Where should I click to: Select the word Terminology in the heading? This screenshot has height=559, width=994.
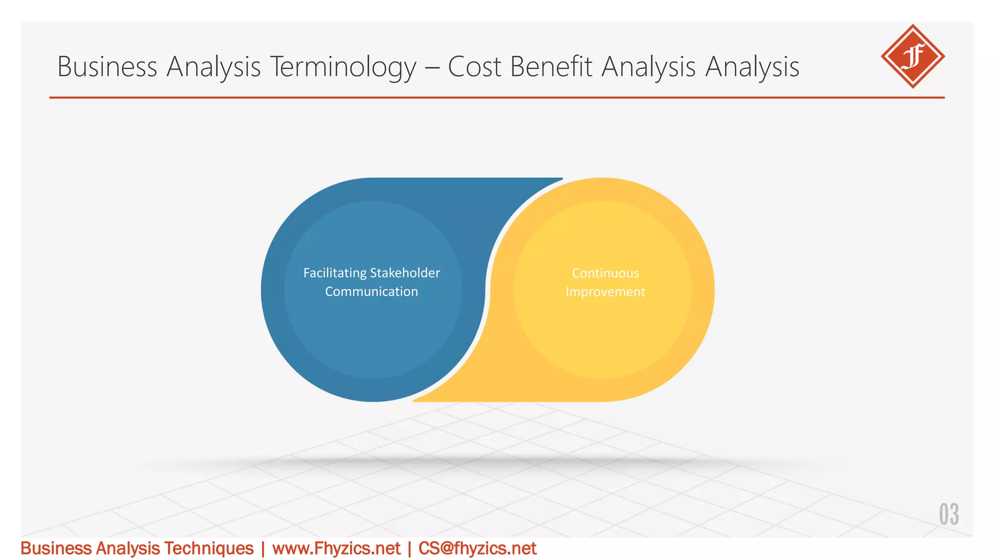tap(343, 67)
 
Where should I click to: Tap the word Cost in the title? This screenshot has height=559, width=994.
tap(474, 66)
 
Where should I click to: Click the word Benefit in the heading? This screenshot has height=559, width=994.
tap(551, 66)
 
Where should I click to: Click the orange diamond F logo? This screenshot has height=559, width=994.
tap(912, 56)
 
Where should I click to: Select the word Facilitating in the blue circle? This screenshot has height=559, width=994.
tap(335, 273)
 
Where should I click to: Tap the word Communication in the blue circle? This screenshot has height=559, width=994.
tap(371, 292)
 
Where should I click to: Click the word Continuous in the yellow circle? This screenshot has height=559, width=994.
tap(605, 273)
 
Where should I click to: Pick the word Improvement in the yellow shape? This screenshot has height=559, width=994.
tap(605, 292)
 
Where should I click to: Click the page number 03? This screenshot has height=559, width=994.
tap(948, 514)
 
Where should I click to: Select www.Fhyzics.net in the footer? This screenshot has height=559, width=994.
tap(336, 548)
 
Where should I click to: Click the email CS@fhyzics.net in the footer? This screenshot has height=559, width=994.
tap(477, 548)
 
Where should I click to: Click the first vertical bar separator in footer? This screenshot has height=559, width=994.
tap(263, 549)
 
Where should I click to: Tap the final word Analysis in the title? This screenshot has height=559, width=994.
tap(752, 66)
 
